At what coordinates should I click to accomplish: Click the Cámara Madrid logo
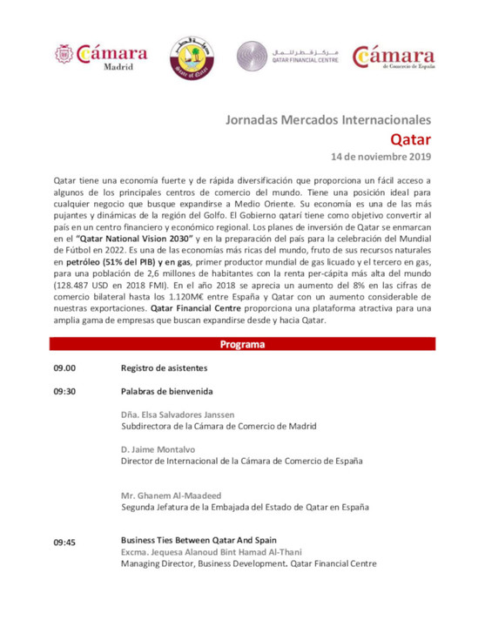[x=92, y=57]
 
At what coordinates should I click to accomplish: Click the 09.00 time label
[x=64, y=367]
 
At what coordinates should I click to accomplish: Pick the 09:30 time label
[x=64, y=391]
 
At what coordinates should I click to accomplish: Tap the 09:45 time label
[x=64, y=543]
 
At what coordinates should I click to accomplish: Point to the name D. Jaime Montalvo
[x=158, y=448]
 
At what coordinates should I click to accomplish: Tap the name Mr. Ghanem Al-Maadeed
[x=172, y=496]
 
